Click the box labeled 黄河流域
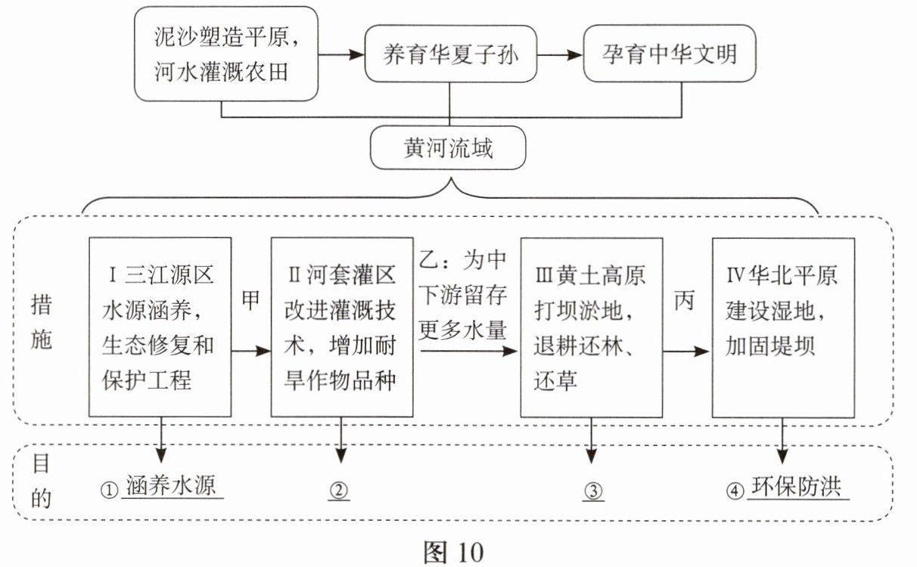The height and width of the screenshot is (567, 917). coord(448,148)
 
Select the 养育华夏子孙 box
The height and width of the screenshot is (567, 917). coord(451,54)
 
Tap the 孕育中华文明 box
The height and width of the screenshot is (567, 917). coord(669,54)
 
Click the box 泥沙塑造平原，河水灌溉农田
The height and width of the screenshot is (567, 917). coord(225,54)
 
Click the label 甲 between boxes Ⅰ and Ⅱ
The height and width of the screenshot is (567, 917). coord(250,300)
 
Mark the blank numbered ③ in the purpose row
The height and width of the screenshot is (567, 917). coord(593,491)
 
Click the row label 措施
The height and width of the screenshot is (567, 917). coord(42,323)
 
